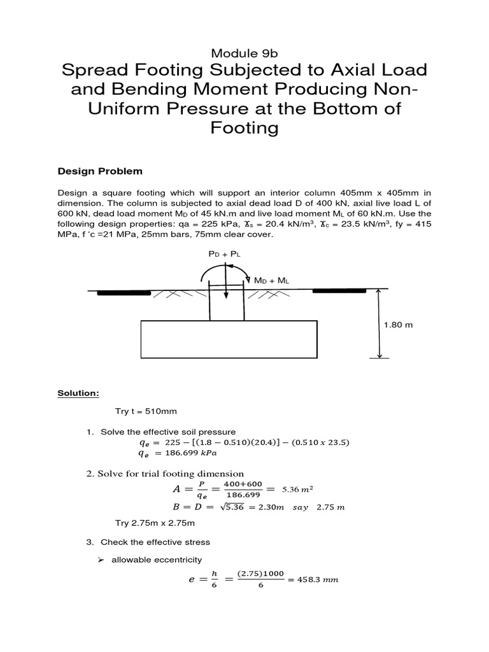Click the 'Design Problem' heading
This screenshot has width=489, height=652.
point(100,171)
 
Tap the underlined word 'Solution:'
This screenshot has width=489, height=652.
point(78,393)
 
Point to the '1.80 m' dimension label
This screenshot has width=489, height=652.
point(398,325)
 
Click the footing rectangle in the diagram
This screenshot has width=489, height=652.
point(228,339)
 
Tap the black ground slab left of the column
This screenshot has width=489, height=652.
point(124,292)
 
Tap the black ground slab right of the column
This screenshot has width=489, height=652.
point(339,290)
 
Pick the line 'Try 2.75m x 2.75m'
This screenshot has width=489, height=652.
point(154,523)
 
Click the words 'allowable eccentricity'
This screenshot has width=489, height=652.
point(157,560)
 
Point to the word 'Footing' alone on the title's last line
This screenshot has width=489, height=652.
point(244,127)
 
